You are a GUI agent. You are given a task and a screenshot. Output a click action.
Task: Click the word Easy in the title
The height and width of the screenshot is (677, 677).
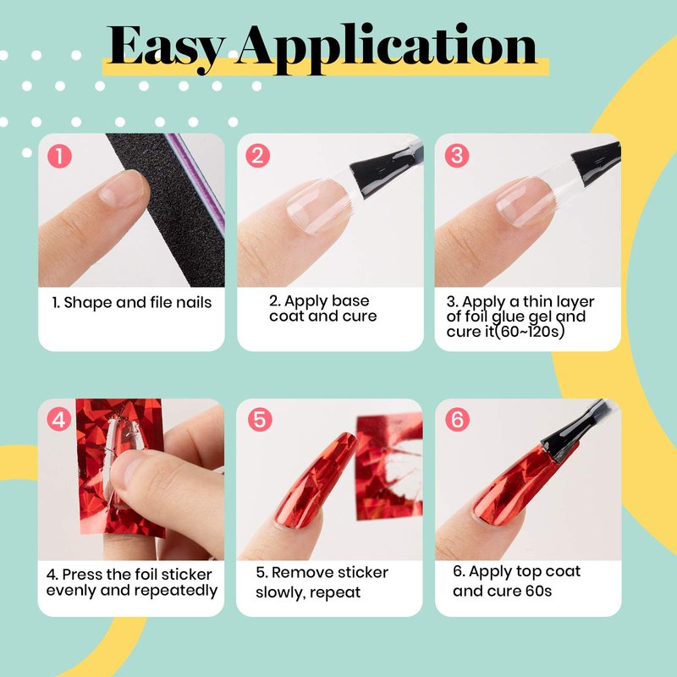(165, 48)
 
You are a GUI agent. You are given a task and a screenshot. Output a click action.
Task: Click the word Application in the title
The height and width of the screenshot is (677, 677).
(387, 48)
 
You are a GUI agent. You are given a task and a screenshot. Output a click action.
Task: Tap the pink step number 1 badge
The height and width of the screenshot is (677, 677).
(59, 156)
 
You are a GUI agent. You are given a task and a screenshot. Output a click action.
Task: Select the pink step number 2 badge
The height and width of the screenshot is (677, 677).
(258, 156)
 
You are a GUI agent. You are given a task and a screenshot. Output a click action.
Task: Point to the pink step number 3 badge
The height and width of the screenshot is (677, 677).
(457, 156)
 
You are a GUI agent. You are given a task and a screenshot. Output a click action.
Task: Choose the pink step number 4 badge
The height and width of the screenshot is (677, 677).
(59, 419)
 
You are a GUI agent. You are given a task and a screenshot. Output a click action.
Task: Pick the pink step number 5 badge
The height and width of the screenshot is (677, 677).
(260, 419)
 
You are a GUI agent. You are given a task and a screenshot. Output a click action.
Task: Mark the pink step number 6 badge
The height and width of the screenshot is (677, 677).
(457, 419)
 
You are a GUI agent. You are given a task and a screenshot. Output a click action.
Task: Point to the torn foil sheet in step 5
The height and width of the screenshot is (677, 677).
(388, 467)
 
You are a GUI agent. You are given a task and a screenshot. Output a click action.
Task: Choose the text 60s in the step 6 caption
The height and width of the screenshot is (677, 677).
(538, 591)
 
